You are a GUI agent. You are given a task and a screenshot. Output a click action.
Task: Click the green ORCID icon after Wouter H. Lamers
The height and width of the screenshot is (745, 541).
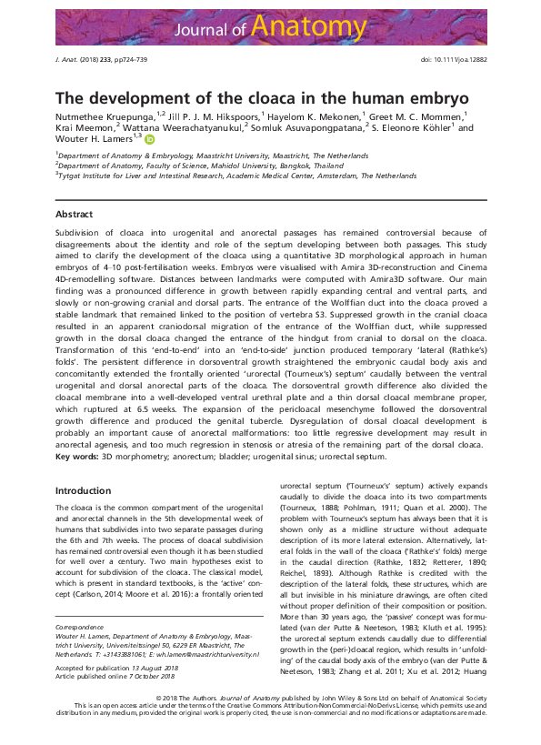coord(150,139)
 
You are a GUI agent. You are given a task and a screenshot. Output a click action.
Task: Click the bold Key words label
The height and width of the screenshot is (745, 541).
coord(76,455)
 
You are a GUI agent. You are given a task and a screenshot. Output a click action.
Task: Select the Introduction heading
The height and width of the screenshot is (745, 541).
coord(83,490)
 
